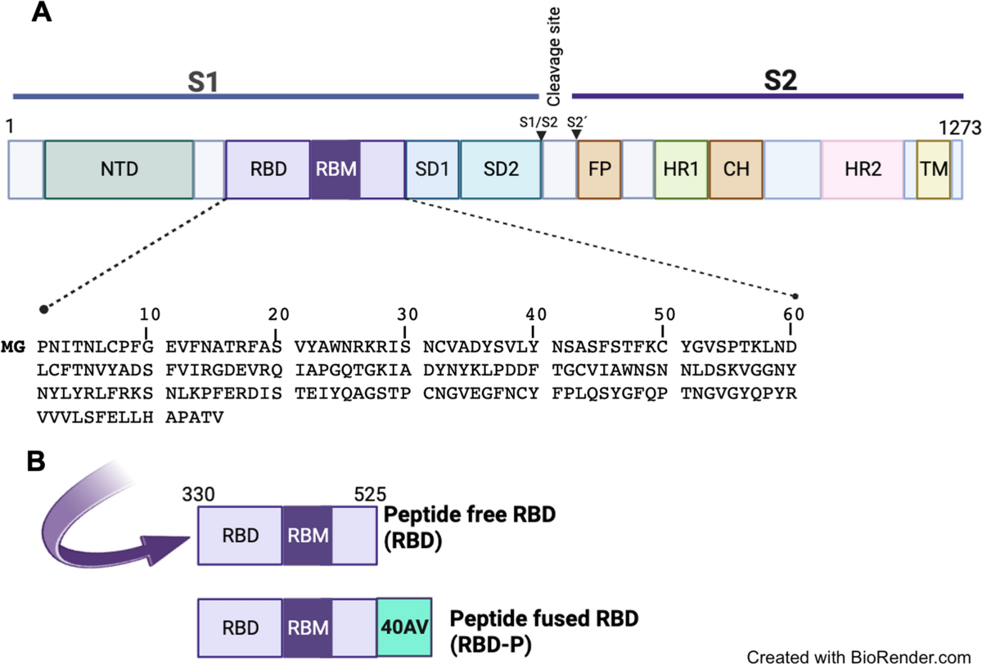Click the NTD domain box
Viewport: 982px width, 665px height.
tap(119, 169)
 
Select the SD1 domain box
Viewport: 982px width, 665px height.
tap(432, 169)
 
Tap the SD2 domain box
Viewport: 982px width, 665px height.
tap(500, 169)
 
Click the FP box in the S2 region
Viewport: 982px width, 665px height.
tap(599, 169)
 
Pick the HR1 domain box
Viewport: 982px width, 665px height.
tap(681, 169)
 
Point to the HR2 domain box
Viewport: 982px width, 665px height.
tap(862, 169)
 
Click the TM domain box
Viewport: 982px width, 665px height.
tap(933, 169)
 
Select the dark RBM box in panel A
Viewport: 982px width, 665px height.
tap(334, 169)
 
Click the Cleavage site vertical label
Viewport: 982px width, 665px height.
tap(553, 55)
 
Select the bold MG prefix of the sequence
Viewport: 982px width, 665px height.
tap(14, 346)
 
